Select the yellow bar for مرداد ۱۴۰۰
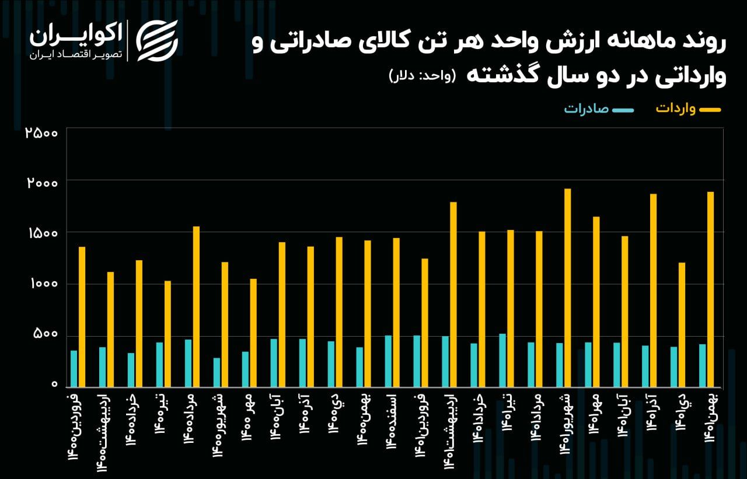(x=196, y=306)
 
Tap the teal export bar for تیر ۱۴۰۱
(x=502, y=360)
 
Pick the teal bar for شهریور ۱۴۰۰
(x=217, y=372)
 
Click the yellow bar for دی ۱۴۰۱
(x=682, y=324)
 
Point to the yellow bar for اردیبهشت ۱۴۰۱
(x=453, y=294)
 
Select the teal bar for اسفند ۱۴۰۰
(x=388, y=361)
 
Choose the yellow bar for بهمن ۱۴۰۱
(x=710, y=289)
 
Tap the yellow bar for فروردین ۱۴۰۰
(x=82, y=317)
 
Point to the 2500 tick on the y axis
(x=41, y=132)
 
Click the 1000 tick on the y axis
(x=41, y=284)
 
